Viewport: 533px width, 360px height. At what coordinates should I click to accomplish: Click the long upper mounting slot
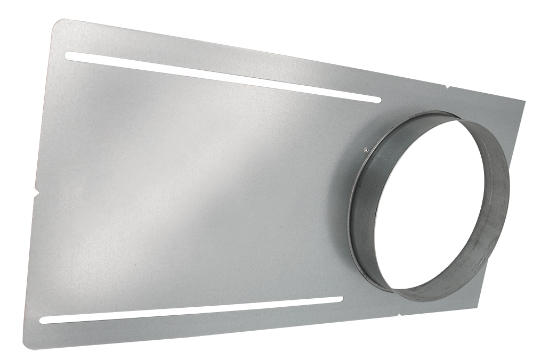coord(224,77)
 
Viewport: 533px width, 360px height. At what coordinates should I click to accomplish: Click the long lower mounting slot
coord(192,309)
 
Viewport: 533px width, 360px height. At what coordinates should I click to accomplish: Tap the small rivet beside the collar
coord(364,150)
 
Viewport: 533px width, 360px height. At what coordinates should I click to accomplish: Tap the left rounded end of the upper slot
coord(68,55)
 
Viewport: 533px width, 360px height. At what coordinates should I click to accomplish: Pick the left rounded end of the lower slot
coord(44,320)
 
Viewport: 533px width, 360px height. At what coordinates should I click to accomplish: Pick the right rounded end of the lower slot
coord(340,299)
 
